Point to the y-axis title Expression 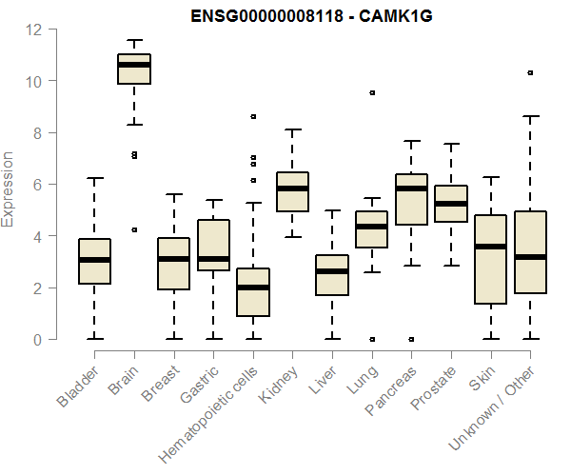click(9, 188)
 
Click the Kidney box click(291, 191)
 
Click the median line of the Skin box click(490, 247)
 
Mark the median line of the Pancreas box click(410, 188)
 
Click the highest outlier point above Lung click(371, 93)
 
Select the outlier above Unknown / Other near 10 click(530, 72)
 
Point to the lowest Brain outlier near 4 click(134, 229)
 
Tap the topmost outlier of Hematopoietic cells click(252, 116)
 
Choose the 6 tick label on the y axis click(37, 185)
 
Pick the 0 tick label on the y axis click(37, 340)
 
